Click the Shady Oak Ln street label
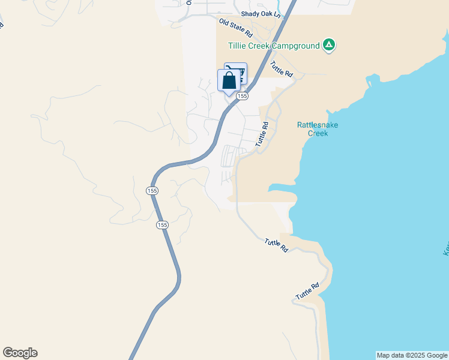pos(260,13)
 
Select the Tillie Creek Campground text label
pos(273,46)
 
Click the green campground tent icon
pos(328,44)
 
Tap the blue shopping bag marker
pos(228,80)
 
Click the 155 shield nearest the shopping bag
pos(242,96)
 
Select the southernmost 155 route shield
pos(162,225)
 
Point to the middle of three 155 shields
pos(152,190)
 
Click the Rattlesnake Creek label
pos(318,129)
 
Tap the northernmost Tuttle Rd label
pos(280,70)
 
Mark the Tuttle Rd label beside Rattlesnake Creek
pos(262,134)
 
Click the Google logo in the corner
pos(20,353)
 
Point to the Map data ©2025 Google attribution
pos(412,355)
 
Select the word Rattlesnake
pos(318,125)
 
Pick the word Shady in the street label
pos(250,13)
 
